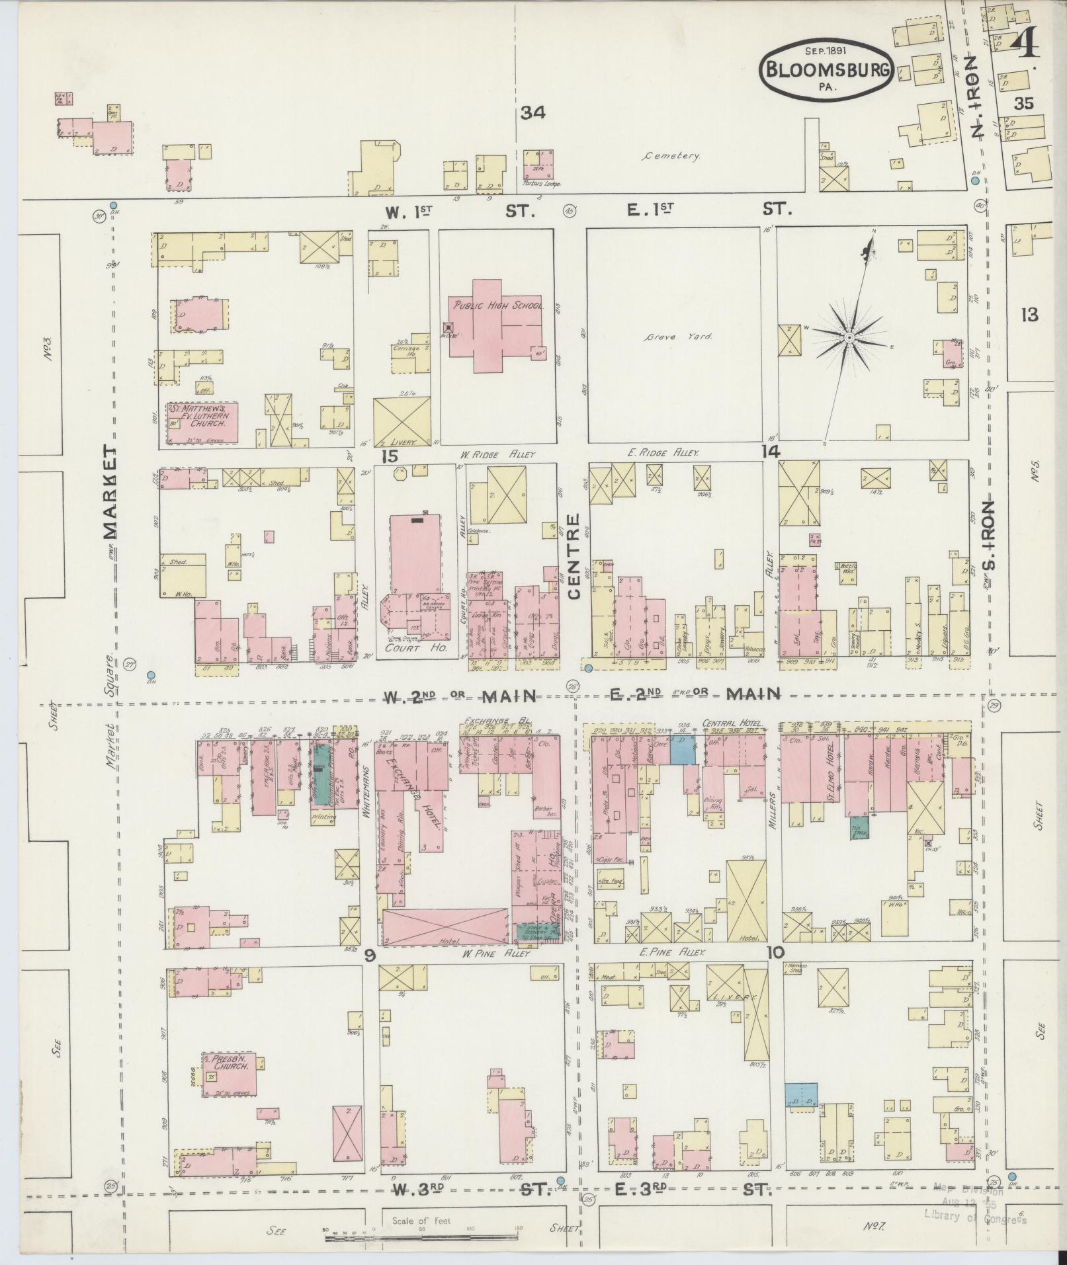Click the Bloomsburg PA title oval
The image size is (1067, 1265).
coord(827,69)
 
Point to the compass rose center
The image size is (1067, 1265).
coord(849,338)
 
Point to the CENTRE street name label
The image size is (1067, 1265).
coord(574,557)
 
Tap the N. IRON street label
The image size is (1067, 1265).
coord(978,96)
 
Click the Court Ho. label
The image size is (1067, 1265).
coord(417,650)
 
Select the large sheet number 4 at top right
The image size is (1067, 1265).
coord(1025,45)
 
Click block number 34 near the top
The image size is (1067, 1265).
coord(532,113)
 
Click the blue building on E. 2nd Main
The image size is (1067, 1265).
coord(683,752)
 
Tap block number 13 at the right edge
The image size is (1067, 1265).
coord(1029,315)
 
